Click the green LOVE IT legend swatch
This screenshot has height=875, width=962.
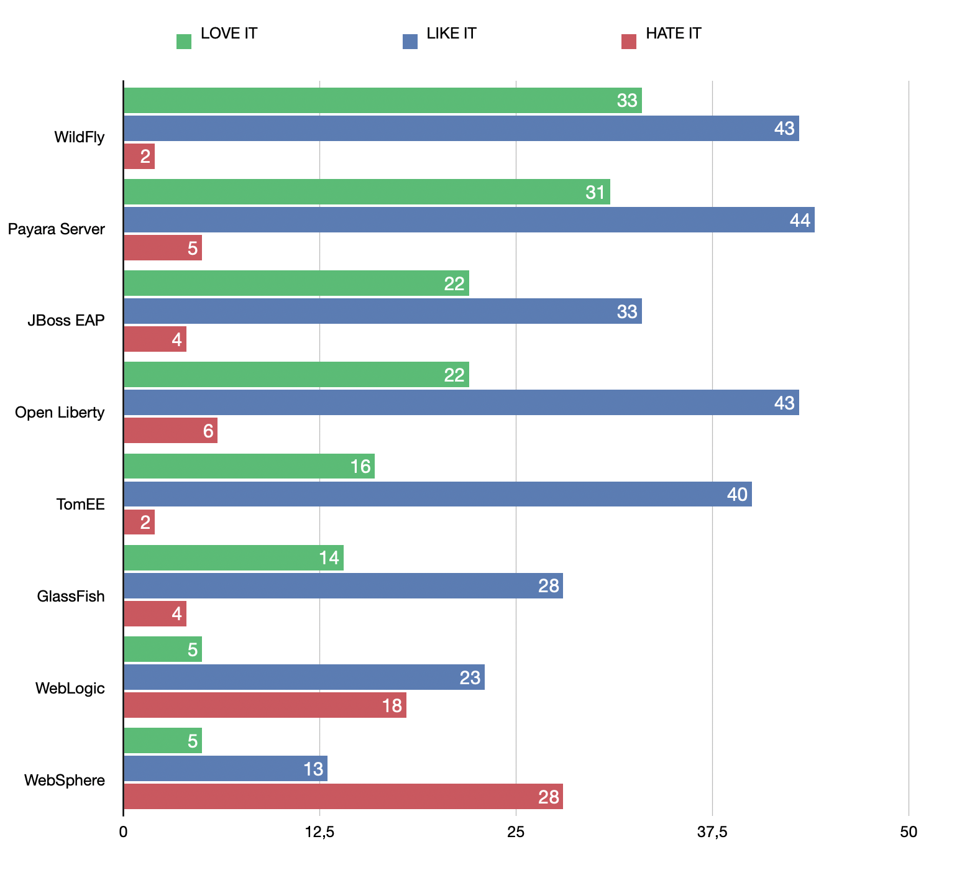[184, 42]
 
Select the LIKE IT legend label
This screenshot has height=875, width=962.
[451, 34]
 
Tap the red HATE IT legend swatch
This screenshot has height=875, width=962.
[629, 42]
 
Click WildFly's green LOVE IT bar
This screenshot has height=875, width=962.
[382, 101]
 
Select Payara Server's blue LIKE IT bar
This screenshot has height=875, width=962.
[469, 220]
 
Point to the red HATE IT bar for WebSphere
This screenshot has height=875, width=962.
[343, 797]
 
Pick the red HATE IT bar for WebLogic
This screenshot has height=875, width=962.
[265, 705]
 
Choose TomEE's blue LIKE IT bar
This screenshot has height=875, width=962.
[437, 494]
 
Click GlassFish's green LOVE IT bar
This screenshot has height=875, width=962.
[233, 558]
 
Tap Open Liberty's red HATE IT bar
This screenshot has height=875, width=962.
[170, 431]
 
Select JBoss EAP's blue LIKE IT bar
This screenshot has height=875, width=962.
[382, 311]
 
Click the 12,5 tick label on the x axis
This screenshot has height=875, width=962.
[319, 832]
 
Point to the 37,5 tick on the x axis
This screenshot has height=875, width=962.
[712, 832]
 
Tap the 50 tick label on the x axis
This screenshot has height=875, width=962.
[908, 832]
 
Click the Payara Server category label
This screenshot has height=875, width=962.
[57, 229]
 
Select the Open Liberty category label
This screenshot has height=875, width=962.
[60, 413]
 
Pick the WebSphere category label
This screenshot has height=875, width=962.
[65, 780]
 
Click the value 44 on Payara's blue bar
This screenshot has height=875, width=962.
[800, 221]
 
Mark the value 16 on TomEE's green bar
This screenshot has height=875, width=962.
[360, 467]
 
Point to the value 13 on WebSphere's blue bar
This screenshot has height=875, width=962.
[313, 769]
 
